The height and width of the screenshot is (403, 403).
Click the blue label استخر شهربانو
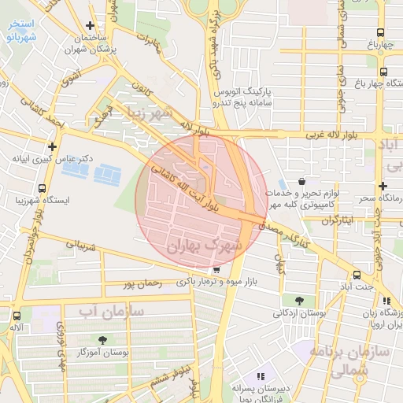pos(19,30)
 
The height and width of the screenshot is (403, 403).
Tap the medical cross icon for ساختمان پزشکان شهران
pos(91,25)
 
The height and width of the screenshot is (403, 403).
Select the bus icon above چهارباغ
pos(381,33)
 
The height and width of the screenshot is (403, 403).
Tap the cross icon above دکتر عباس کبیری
pos(52,146)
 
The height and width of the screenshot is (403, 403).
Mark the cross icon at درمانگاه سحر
pos(383,187)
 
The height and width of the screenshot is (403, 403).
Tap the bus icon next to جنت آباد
pos(357,275)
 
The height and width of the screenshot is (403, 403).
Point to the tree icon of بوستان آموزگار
pos(102,340)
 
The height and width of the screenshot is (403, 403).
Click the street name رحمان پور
pos(142,283)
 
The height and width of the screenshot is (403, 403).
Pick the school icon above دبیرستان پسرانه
pos(261,376)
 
